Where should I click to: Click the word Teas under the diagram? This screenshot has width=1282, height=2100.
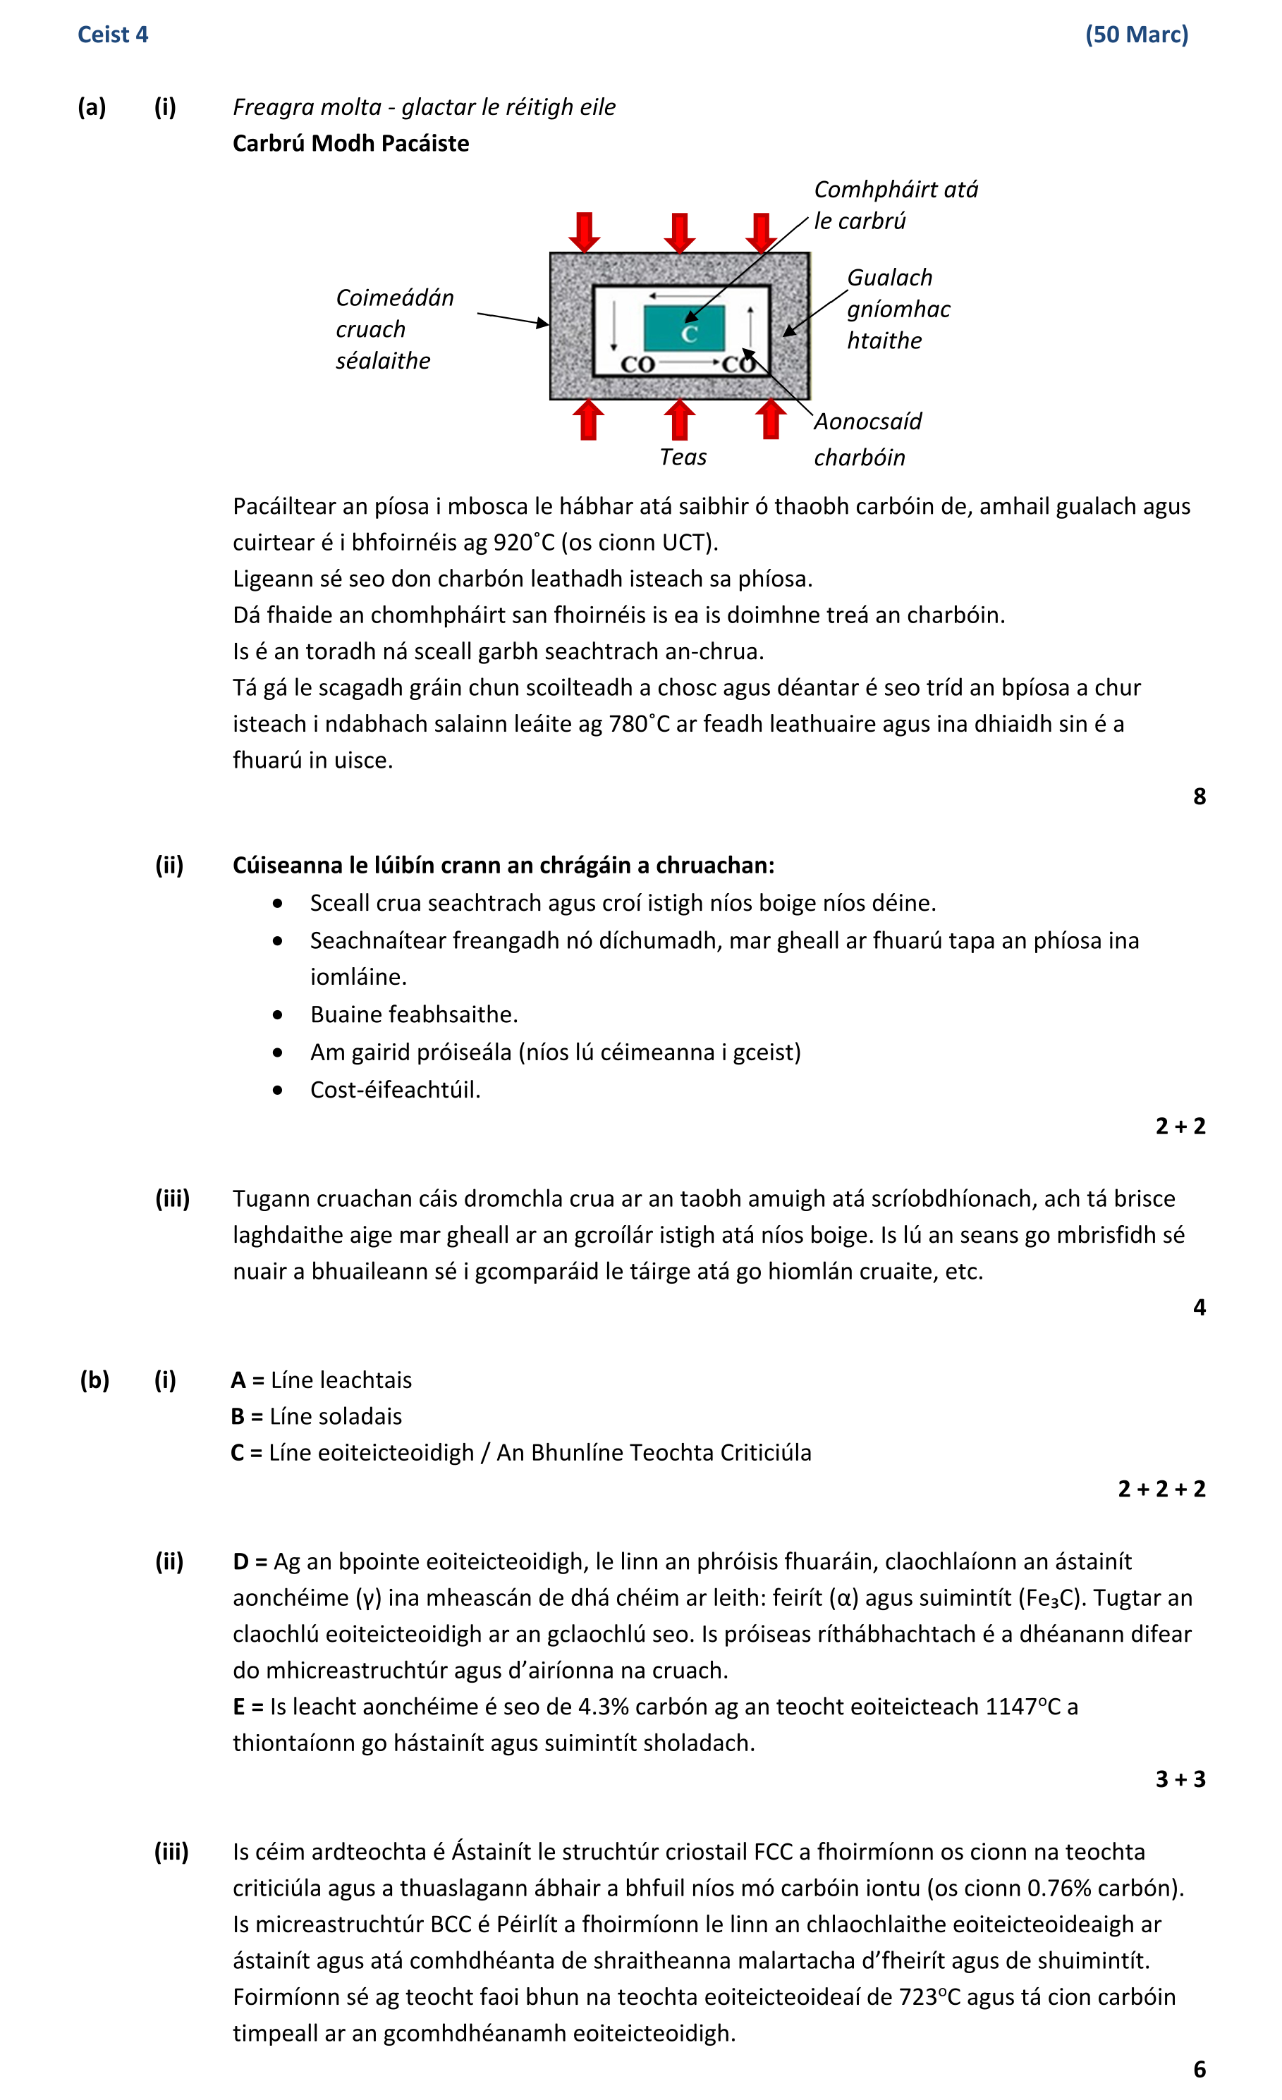tap(683, 458)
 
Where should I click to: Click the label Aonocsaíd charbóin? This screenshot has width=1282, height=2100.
tap(867, 439)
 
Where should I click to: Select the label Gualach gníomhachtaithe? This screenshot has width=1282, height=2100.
tap(898, 309)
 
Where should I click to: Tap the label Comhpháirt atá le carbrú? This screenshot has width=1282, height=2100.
tap(895, 204)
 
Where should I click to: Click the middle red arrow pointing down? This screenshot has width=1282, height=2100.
tap(679, 232)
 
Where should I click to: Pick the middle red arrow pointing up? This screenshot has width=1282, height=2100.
tap(679, 419)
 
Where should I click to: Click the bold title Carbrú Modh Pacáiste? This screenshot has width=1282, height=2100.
tap(350, 143)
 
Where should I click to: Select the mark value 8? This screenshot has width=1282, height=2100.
tap(1199, 796)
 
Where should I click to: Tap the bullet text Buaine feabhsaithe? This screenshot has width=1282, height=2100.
tap(413, 1014)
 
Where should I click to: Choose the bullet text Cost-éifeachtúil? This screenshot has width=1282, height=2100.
tap(395, 1089)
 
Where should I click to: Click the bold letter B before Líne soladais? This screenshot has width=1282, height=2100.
tap(238, 1416)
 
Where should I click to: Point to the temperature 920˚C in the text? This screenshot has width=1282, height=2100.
tap(523, 543)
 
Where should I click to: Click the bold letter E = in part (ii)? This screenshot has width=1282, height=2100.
tap(249, 1707)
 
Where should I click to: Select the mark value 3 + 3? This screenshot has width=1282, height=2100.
tap(1180, 1779)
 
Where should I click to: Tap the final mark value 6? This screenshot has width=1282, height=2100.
tap(1199, 2069)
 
